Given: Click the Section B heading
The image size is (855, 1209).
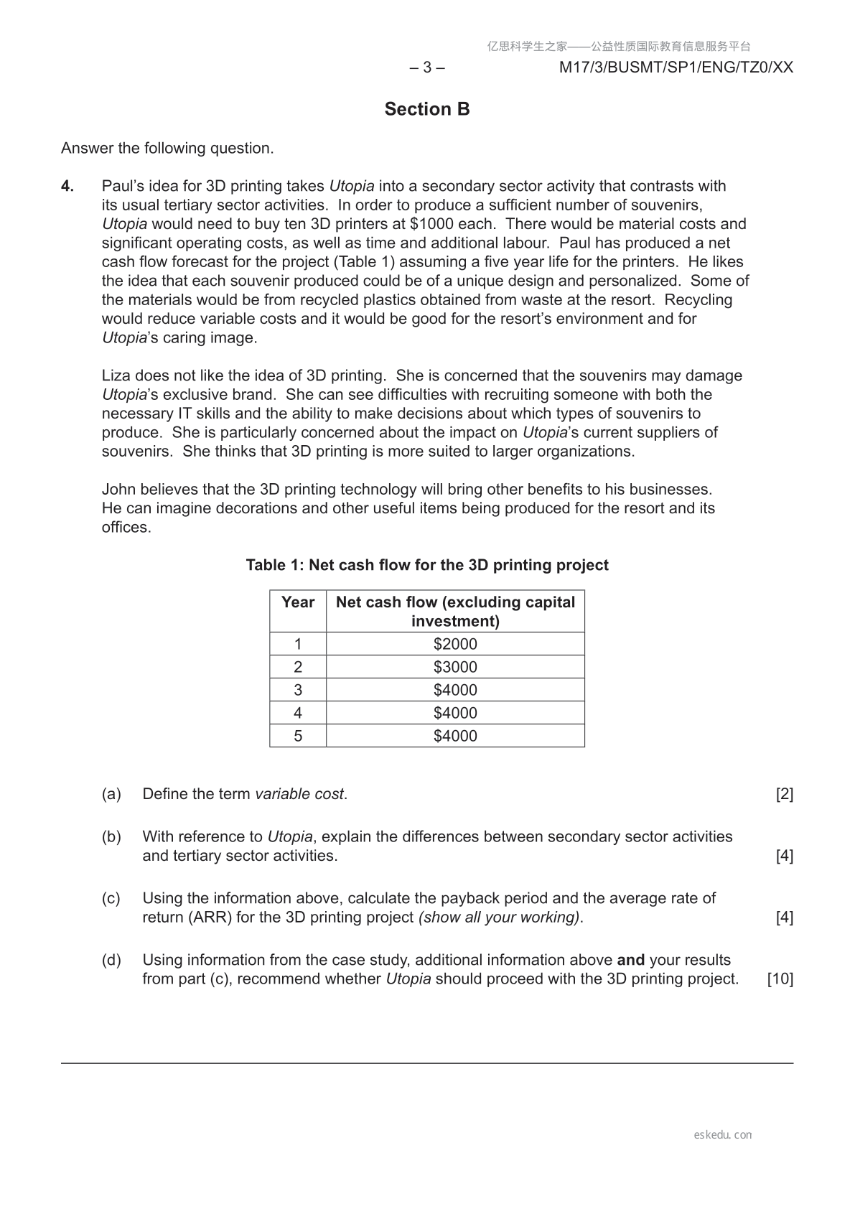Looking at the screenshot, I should click(427, 109).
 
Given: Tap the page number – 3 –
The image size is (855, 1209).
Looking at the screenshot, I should click(427, 67).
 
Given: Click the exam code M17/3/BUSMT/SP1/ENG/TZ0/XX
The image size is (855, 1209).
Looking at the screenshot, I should click(676, 67).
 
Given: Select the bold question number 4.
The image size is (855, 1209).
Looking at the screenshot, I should click(67, 186).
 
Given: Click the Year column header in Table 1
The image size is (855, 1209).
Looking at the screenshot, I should click(298, 602).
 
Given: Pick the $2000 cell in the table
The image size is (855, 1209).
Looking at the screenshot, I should click(455, 644).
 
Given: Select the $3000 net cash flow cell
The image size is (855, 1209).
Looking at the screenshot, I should click(455, 667).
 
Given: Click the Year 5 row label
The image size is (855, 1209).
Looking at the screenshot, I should click(298, 736).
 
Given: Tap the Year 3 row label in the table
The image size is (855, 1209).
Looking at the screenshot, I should click(298, 690).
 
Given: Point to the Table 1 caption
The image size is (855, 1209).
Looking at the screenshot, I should click(427, 565).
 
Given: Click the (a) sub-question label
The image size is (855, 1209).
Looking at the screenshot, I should click(111, 794).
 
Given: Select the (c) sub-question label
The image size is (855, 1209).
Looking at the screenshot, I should click(111, 898).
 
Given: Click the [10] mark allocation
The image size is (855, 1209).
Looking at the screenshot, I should click(780, 979).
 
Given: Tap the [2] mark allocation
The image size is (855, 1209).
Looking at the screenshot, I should click(785, 794).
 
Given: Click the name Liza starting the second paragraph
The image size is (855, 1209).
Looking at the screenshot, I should click(116, 375).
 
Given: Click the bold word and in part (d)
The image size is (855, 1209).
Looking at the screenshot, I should click(630, 961).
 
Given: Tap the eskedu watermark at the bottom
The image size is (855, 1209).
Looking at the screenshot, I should click(723, 1135).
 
